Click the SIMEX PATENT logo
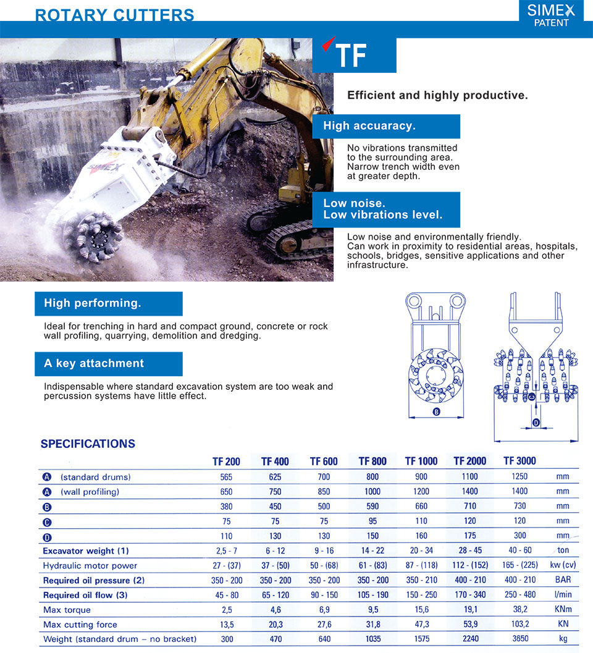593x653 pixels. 551,15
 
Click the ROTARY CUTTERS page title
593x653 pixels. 114,15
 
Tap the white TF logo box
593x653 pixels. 354,55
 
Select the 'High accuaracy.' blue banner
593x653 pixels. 386,126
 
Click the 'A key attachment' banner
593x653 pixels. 109,363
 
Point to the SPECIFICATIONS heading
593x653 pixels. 88,444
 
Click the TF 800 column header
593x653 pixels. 372,461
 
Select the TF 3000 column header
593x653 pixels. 519,461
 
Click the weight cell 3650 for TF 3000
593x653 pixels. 519,639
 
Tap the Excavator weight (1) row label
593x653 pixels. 86,550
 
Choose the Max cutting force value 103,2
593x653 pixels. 519,625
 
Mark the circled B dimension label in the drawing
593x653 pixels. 436,411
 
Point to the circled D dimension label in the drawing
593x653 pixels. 536,423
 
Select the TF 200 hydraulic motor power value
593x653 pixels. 227,565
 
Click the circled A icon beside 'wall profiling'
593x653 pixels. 47,492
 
